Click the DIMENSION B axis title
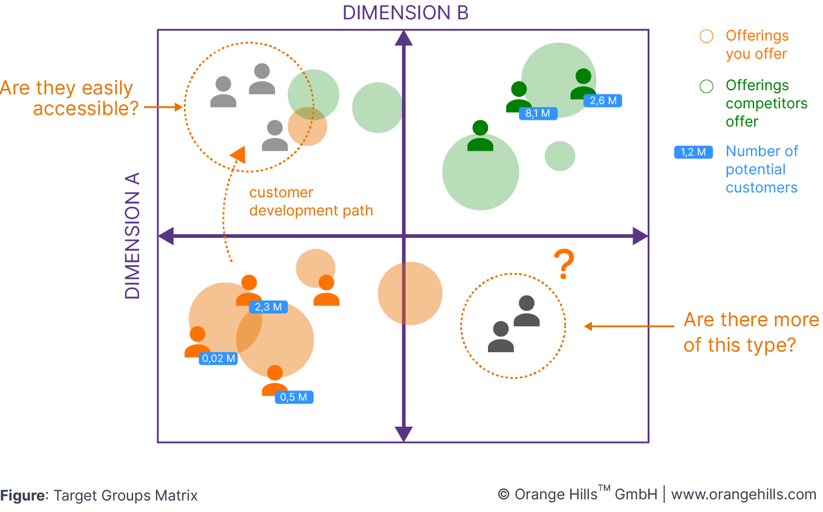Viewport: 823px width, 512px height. coord(405,13)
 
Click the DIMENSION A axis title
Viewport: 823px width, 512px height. coord(132,236)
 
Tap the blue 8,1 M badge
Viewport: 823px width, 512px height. coord(538,113)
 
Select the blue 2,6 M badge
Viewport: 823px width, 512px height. coord(603,100)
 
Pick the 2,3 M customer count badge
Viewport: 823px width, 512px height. coord(268,307)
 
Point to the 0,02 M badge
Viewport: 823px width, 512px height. coord(218,358)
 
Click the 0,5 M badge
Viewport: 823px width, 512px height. coord(294,397)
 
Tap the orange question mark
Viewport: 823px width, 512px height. coord(564,265)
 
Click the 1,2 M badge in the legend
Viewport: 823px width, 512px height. coord(693,152)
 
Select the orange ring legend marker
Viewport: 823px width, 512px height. coord(706,36)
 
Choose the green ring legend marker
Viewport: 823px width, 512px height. coord(706,86)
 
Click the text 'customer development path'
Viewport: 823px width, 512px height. coord(311,202)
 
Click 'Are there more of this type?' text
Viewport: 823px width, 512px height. coord(751,332)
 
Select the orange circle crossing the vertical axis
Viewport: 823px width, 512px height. coord(410,294)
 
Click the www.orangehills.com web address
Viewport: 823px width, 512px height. coord(743,494)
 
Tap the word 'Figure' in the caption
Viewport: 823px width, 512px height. coord(23,496)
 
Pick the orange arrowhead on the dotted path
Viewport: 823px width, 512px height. coord(239,154)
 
